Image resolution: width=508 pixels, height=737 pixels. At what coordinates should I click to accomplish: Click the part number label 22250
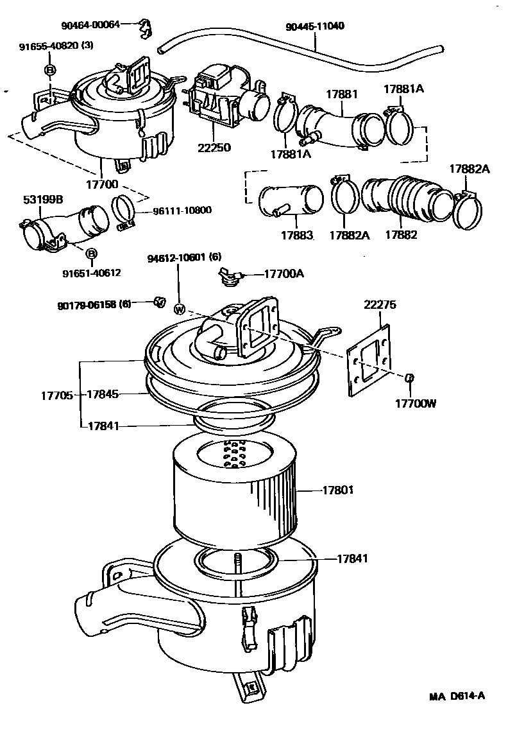pos(215,148)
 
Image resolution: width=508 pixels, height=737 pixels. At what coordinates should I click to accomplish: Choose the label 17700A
pos(284,273)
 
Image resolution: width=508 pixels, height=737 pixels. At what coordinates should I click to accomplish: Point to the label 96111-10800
pos(182,210)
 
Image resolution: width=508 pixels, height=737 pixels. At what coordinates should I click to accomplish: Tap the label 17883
pos(296,235)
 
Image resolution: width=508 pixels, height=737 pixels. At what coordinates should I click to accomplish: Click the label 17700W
pos(415,404)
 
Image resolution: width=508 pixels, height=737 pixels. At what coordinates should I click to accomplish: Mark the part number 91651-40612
pos(92,273)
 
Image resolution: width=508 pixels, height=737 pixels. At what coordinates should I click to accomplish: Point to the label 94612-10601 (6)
pos(184,257)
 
